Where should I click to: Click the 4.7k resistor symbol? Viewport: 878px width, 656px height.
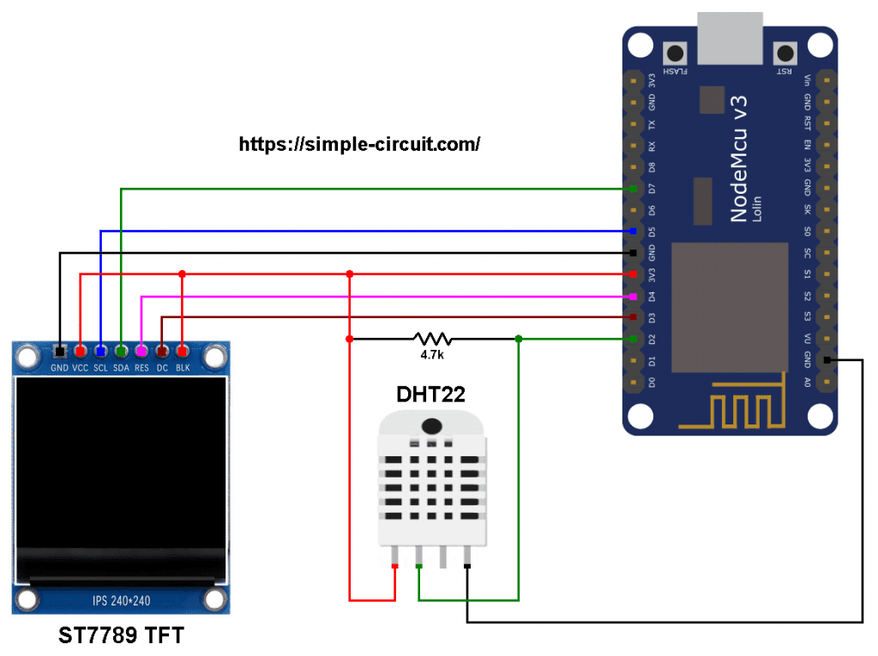[x=432, y=339]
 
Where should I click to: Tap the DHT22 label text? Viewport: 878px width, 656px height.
[x=432, y=394]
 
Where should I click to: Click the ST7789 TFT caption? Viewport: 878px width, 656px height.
[x=121, y=636]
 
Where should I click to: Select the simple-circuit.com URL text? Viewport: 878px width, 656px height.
[x=359, y=144]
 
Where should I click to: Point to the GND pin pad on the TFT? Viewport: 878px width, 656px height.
[x=59, y=352]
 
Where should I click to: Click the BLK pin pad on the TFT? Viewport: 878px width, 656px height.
[x=182, y=352]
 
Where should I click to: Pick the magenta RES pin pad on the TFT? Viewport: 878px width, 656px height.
[x=141, y=352]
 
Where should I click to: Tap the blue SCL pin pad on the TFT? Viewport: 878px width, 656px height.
[x=100, y=352]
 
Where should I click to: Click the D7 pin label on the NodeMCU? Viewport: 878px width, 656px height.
[x=652, y=189]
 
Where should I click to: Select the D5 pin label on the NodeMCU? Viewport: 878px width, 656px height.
[x=652, y=232]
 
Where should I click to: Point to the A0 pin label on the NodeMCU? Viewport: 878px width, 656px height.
[x=807, y=382]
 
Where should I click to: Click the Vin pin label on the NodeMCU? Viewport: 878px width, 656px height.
[x=807, y=81]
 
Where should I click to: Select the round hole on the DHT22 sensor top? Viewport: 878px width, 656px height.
[x=432, y=425]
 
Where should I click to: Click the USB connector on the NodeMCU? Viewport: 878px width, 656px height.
[x=731, y=39]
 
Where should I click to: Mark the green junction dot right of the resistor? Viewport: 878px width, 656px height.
[x=519, y=339]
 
